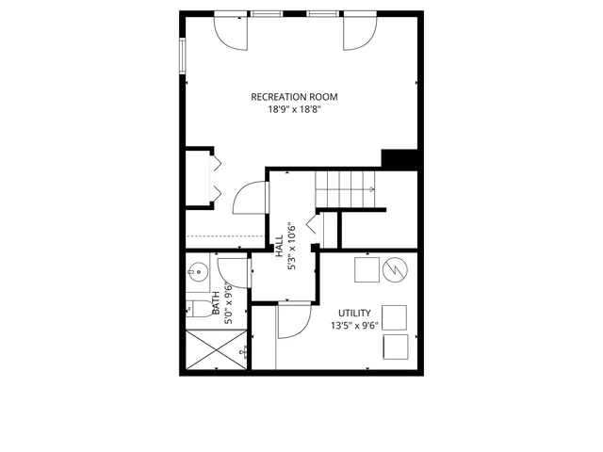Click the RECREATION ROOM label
tap(294, 96)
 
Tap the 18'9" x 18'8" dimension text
tap(294, 109)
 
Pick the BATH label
tap(217, 303)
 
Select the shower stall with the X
tap(214, 350)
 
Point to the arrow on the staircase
tap(374, 190)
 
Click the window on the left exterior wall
tap(183, 54)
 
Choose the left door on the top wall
tap(232, 33)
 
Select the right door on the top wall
tap(357, 33)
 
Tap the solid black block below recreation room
tap(399, 159)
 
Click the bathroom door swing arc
tap(234, 274)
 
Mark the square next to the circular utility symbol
tap(366, 269)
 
